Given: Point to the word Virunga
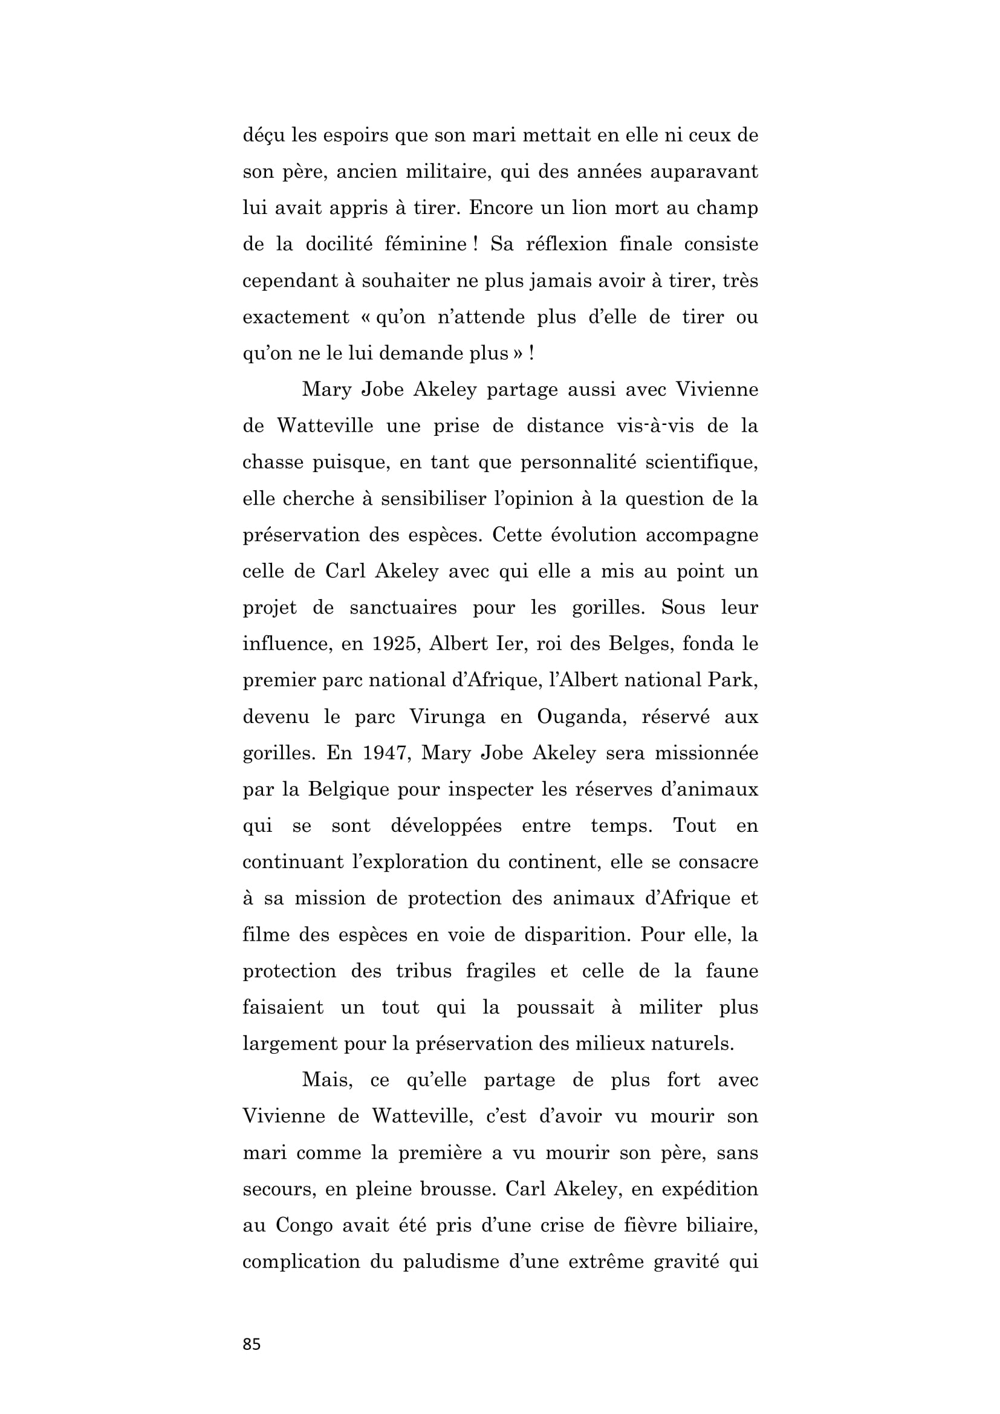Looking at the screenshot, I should pyautogui.click(x=447, y=717).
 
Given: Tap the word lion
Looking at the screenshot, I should pyautogui.click(x=593, y=207).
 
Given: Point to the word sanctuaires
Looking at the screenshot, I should pyautogui.click(x=403, y=608).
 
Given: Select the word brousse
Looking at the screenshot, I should pyautogui.click(x=458, y=1189).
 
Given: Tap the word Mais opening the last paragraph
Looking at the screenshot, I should pyautogui.click(x=326, y=1080).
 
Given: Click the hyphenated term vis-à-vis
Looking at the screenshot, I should pyautogui.click(x=653, y=426).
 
